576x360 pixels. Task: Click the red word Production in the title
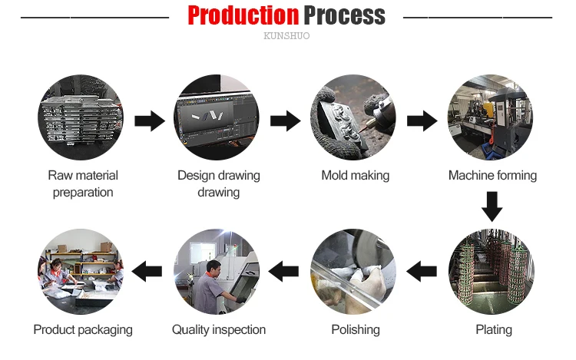[x=243, y=15]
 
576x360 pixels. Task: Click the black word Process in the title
[x=344, y=15]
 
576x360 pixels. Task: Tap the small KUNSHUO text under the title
[x=286, y=36]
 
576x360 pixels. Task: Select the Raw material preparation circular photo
[x=82, y=117]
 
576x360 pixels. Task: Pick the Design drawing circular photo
[x=218, y=117]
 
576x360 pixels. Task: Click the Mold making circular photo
[x=355, y=117]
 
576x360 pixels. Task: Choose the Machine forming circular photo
[x=492, y=117]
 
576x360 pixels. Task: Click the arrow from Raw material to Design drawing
[x=150, y=121]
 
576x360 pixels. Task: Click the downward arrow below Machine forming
[x=492, y=206]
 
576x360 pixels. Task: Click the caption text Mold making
[x=355, y=176]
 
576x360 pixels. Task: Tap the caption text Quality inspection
[x=218, y=330]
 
